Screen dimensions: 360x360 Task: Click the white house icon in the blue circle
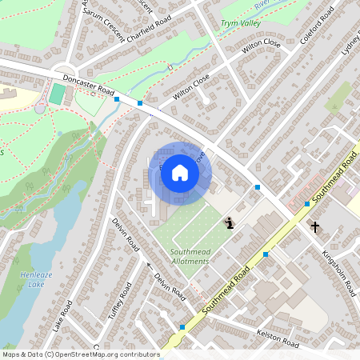click(x=180, y=173)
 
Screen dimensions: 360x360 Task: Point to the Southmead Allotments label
click(x=190, y=256)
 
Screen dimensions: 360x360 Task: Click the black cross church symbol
click(x=315, y=227)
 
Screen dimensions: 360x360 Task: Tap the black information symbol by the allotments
click(x=229, y=223)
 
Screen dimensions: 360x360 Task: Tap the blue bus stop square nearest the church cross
click(x=306, y=204)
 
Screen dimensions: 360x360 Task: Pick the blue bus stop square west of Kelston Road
click(x=182, y=327)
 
